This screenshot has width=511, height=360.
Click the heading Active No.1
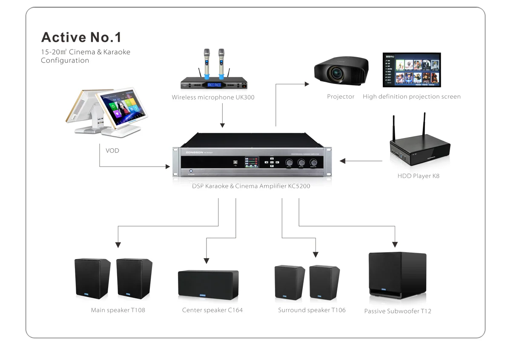click(81, 37)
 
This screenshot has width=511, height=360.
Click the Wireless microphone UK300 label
click(213, 97)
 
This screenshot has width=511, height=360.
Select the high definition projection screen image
click(411, 70)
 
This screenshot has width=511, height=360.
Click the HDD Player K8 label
click(418, 176)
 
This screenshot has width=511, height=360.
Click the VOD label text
click(112, 150)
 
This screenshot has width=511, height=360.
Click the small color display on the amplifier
click(251, 163)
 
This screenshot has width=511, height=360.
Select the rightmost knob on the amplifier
click(314, 162)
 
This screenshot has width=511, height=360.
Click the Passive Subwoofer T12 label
click(398, 311)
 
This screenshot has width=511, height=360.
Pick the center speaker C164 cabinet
click(208, 284)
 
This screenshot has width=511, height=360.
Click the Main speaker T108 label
click(118, 310)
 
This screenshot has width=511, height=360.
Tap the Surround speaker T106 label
click(312, 310)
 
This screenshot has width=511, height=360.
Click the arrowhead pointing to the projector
click(307, 84)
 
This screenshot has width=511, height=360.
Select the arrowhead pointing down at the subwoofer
click(395, 245)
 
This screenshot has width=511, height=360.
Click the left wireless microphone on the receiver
click(207, 62)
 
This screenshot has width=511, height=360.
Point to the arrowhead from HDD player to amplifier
click(342, 161)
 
